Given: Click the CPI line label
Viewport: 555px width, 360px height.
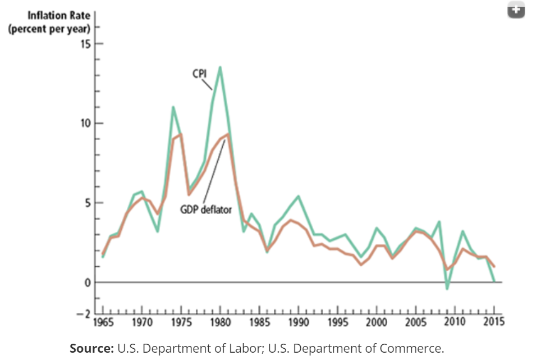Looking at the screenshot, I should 200,73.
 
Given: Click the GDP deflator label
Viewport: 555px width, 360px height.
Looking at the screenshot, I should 205,209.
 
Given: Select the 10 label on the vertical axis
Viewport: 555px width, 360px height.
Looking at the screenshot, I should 85,124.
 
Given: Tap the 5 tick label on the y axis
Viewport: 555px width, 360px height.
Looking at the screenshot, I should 88,203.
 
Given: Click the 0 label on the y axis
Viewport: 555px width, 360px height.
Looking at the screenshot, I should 88,282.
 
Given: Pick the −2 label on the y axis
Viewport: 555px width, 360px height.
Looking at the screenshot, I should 84,313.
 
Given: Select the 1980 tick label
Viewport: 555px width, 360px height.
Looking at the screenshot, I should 220,322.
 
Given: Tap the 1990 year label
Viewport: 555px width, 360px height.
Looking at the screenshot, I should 298,322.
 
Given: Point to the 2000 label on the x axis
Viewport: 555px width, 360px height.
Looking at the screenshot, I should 376,322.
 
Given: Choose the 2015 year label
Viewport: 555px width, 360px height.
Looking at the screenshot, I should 494,322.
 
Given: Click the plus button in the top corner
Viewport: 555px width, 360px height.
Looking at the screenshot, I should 516,10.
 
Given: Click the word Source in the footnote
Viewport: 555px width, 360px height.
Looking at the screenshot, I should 91,348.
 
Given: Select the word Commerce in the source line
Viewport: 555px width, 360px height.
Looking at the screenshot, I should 413,348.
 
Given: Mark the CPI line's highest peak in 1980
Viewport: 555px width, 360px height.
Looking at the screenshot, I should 220,67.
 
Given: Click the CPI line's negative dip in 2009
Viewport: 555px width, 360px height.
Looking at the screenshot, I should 447,289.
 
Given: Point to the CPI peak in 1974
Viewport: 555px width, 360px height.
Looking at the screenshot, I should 173,107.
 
